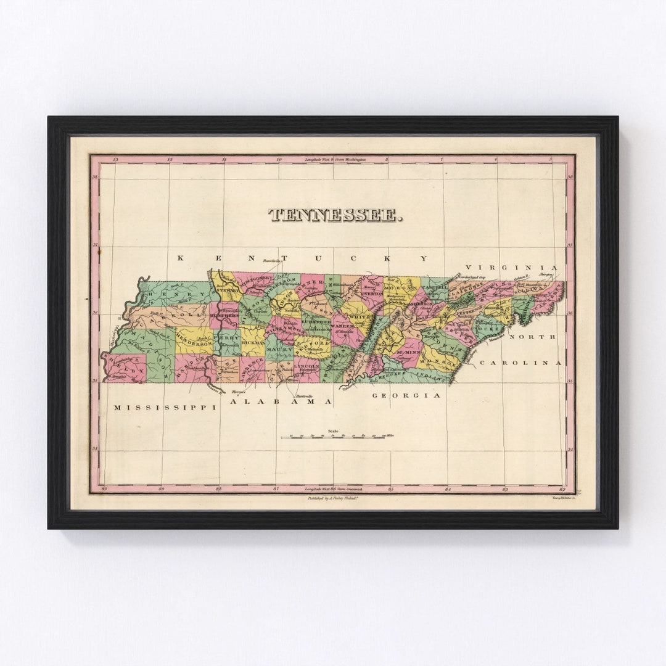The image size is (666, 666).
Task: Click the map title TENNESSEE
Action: (x=336, y=215)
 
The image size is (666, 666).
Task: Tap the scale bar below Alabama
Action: (x=333, y=437)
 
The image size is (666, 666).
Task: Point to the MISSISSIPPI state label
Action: (x=166, y=408)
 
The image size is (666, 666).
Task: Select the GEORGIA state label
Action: (x=407, y=395)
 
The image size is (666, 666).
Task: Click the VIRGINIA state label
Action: (x=511, y=268)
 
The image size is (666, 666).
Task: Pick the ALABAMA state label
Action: (x=281, y=401)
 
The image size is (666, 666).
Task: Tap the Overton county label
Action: (x=372, y=294)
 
